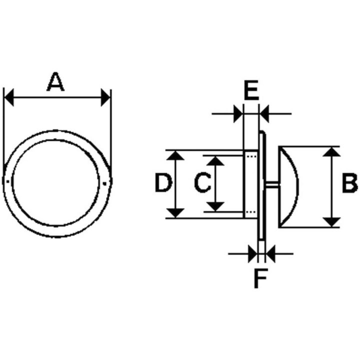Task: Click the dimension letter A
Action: click(x=55, y=81)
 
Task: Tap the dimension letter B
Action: click(x=349, y=183)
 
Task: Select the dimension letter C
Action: click(x=202, y=183)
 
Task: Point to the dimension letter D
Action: click(x=163, y=183)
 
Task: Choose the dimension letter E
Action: click(x=251, y=90)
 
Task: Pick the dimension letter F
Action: click(x=260, y=278)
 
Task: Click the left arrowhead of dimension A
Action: click(x=9, y=97)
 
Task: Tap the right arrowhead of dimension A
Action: click(x=105, y=97)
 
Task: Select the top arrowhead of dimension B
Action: click(x=331, y=152)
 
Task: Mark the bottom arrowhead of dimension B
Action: click(x=331, y=222)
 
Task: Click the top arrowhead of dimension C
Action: click(x=215, y=160)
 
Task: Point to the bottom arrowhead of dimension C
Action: click(x=215, y=206)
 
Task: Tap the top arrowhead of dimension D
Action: click(x=175, y=155)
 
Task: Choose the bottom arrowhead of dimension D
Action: click(x=175, y=213)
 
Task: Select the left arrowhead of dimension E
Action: click(x=238, y=113)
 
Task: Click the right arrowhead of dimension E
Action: click(x=264, y=113)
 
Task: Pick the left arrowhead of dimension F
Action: click(x=253, y=253)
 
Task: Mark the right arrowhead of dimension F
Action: click(x=270, y=253)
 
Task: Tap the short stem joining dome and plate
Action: click(x=272, y=183)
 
